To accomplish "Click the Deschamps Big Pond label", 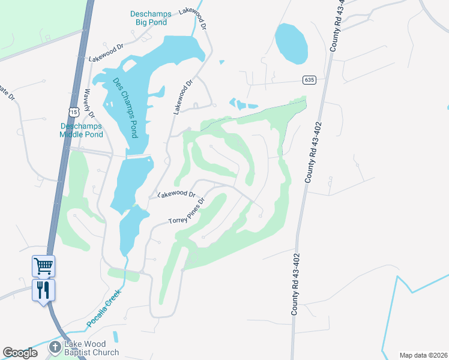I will [150, 18].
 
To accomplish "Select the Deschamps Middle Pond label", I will [81, 130].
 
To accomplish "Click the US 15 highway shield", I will [73, 112].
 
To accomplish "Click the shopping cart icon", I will [43, 265].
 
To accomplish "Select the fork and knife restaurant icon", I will [43, 290].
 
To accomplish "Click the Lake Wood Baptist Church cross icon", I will [55, 347].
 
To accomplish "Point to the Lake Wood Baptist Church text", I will [91, 348].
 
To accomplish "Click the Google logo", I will [20, 353].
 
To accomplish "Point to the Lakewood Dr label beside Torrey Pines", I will [176, 194].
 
